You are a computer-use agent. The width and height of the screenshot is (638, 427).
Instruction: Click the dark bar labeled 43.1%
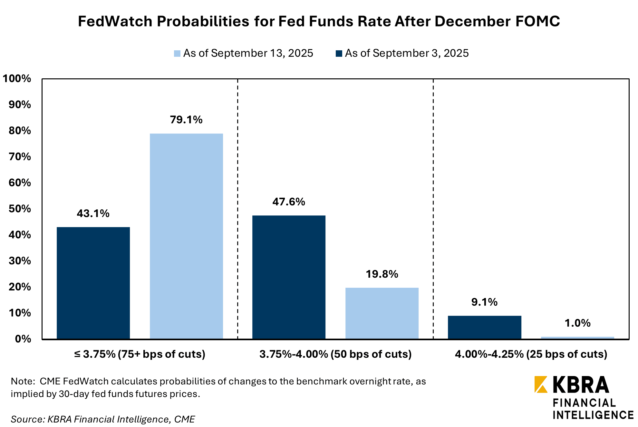coord(93,283)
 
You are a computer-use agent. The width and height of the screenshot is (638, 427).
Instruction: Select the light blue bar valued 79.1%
coord(186,236)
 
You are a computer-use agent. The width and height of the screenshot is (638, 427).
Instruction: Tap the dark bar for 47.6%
coord(289,277)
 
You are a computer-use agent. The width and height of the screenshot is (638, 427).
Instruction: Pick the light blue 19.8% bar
coord(382,313)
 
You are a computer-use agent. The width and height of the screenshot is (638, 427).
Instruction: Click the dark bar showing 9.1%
coord(484,327)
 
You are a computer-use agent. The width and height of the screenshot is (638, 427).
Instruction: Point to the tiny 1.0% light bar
coord(577,338)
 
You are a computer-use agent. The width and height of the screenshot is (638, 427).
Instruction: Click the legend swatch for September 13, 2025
coord(177,54)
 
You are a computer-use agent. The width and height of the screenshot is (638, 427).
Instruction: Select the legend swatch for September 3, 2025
coord(339,54)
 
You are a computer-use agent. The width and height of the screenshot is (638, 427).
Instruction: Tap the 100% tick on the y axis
coord(17,79)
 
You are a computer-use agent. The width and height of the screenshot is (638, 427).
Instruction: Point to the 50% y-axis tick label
coord(20,209)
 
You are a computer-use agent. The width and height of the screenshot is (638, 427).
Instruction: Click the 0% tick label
coord(23,339)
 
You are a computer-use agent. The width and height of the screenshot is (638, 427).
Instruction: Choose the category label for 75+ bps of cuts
coord(140,354)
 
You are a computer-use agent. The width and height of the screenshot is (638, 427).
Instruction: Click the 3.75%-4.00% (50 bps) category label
coord(335,354)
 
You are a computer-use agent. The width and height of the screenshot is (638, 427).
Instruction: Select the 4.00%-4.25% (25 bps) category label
coord(531,354)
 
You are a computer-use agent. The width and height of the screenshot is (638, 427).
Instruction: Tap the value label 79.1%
coord(186,120)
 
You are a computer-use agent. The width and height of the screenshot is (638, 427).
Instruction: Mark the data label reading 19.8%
coord(382,274)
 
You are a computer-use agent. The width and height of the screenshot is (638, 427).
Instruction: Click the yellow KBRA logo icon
coord(540,384)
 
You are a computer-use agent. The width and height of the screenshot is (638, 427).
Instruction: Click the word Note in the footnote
coord(23,382)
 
